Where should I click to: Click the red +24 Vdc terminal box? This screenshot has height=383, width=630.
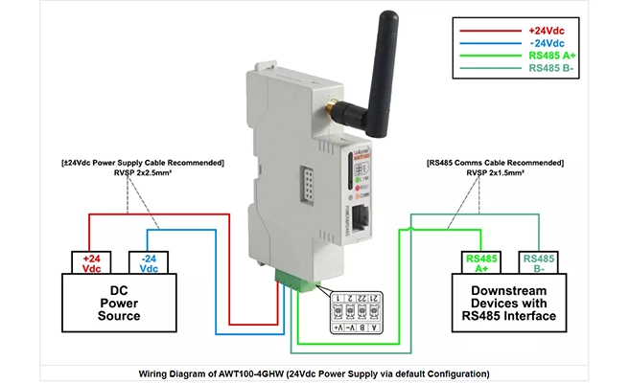[x=93, y=262]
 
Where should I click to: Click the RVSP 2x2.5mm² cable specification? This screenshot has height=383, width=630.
[x=141, y=175]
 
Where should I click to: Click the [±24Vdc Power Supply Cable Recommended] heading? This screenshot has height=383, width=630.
[x=141, y=164]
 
